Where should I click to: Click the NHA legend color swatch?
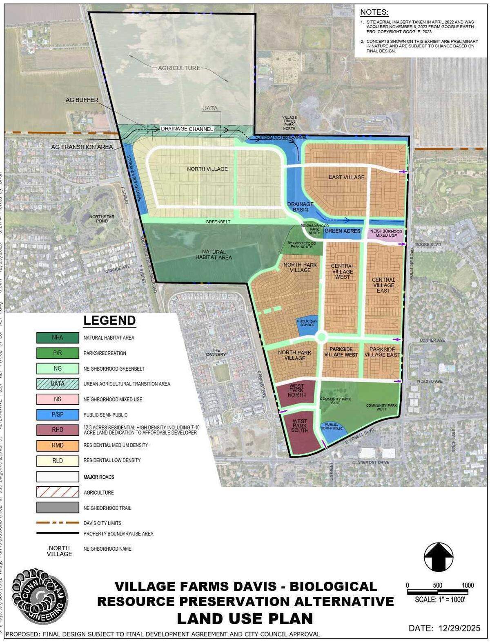pyautogui.click(x=58, y=338)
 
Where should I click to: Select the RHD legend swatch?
pyautogui.click(x=58, y=430)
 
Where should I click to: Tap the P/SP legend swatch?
pyautogui.click(x=58, y=414)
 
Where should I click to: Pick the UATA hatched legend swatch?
pyautogui.click(x=58, y=384)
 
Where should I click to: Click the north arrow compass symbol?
pyautogui.click(x=439, y=557)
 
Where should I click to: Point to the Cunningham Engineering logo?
pyautogui.click(x=40, y=597)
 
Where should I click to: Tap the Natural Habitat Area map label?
pyautogui.click(x=214, y=255)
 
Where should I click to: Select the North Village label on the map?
pyautogui.click(x=207, y=169)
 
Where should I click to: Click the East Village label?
pyautogui.click(x=347, y=177)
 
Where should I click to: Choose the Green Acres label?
pyautogui.click(x=342, y=231)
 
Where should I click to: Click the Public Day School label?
pyautogui.click(x=307, y=323)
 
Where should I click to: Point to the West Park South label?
pyautogui.click(x=300, y=426)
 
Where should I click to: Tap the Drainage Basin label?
pyautogui.click(x=300, y=207)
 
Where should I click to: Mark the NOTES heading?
pyautogui.click(x=374, y=12)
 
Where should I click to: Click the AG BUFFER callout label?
pyautogui.click(x=82, y=100)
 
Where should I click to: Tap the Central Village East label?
pyautogui.click(x=383, y=285)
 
